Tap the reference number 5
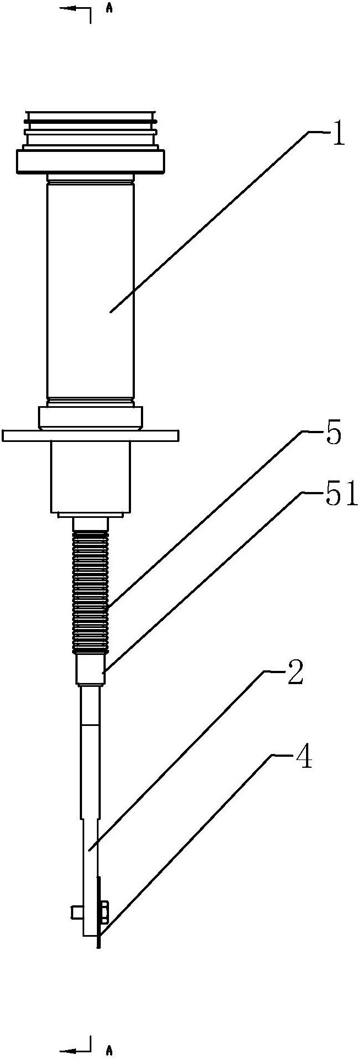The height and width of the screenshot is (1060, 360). (x=332, y=434)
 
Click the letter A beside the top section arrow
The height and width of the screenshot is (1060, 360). (x=110, y=9)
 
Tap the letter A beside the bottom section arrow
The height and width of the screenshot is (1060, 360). (x=110, y=1051)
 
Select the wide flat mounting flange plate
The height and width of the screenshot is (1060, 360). (x=91, y=435)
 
